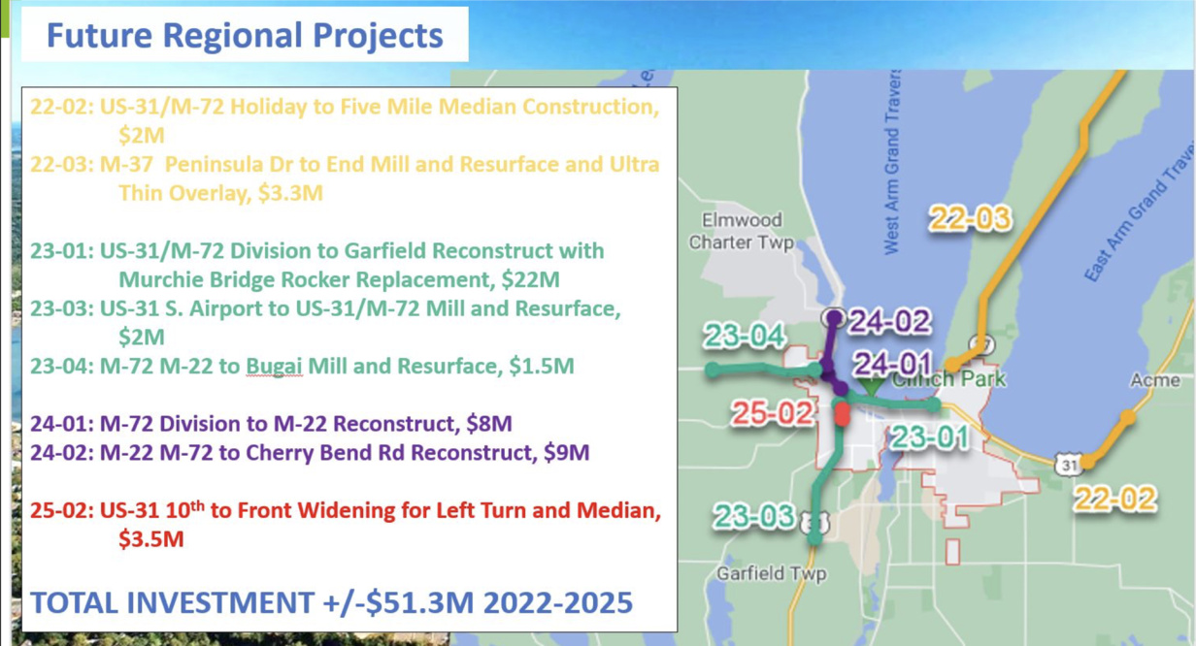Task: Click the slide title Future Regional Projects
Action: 245,36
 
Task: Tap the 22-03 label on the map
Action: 970,218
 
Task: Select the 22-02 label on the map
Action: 1115,500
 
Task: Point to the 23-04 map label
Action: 745,336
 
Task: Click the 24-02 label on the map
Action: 889,321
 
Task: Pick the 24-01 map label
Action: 893,364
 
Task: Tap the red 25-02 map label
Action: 773,413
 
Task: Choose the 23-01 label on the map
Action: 930,437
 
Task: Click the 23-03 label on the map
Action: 754,516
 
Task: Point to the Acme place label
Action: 1155,380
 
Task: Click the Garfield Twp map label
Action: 772,573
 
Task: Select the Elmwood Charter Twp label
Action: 742,231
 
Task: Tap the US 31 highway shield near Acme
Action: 1069,465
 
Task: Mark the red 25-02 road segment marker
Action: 842,414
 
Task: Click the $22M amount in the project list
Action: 530,279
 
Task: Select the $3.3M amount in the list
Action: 290,193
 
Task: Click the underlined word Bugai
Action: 274,367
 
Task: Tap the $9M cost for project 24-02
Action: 567,453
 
